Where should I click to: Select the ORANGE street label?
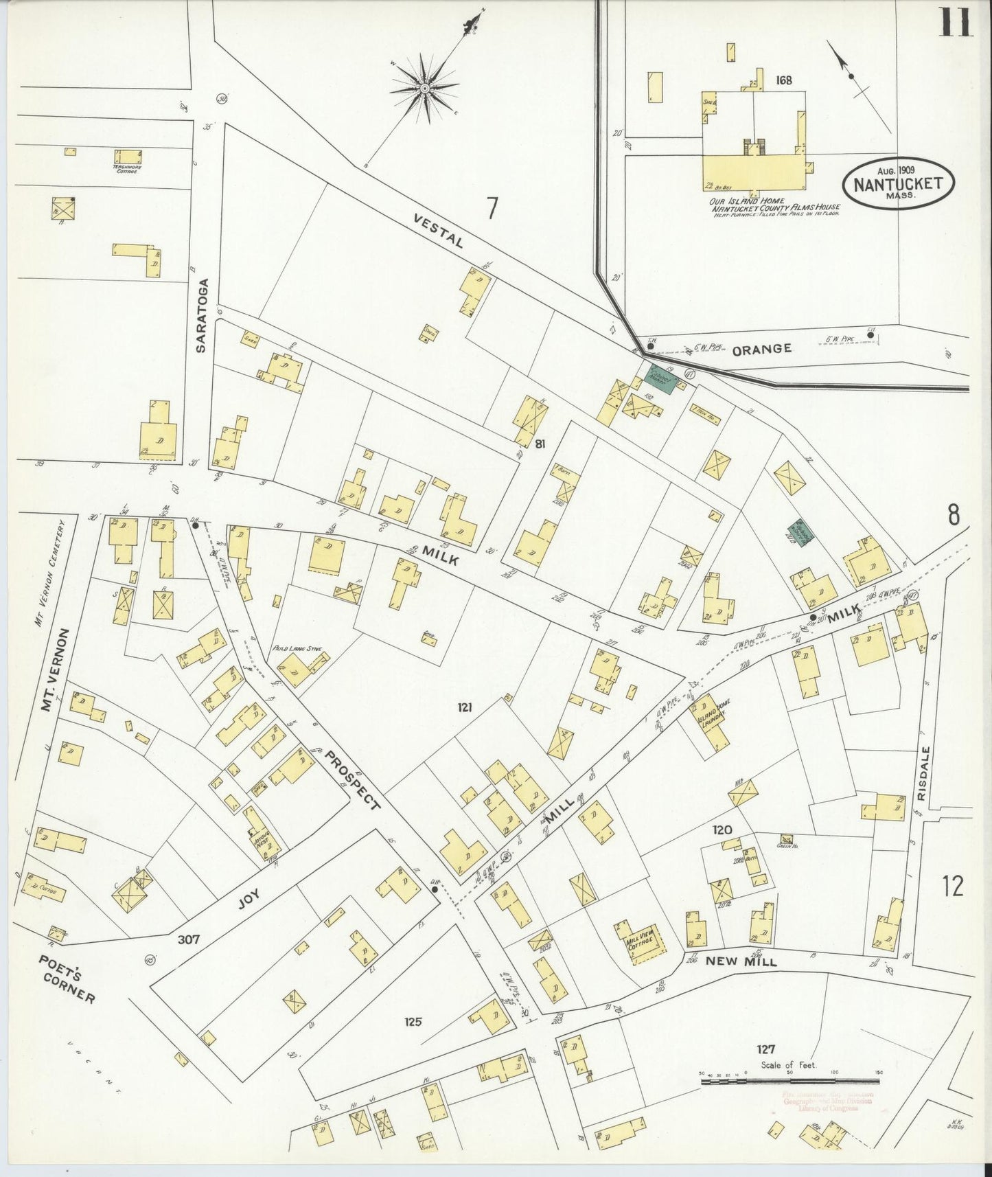(761, 349)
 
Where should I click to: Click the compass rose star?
(425, 88)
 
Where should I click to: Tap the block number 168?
(783, 80)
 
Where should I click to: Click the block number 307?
(189, 939)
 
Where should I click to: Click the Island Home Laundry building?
(709, 720)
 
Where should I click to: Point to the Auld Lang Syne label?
(288, 648)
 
